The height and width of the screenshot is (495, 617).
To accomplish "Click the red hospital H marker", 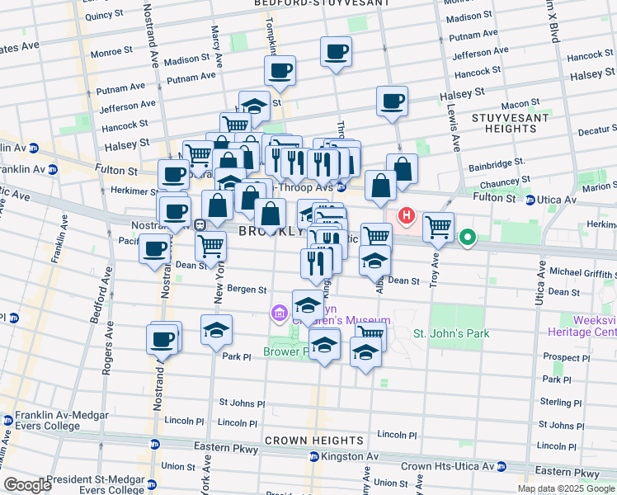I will point(407,217).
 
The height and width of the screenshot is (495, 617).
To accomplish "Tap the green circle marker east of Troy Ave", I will point(468,239).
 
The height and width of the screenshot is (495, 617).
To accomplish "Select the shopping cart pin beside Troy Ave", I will point(438,226).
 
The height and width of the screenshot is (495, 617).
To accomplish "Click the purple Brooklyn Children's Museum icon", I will point(279,313).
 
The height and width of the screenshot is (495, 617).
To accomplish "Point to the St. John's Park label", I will point(451,334).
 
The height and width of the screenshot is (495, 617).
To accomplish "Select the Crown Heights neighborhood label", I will point(308,441).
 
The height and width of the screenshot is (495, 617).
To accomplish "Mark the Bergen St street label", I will point(247,290).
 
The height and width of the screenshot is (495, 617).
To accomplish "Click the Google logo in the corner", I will point(28,485).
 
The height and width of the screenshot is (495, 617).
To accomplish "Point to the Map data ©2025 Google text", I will point(566,488).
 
